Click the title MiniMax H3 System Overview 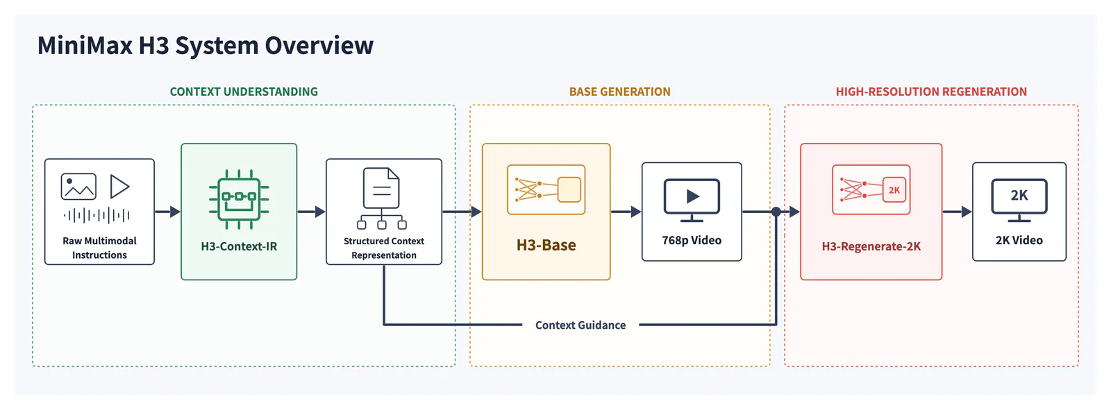(x=206, y=46)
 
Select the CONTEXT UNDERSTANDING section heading (x=244, y=92)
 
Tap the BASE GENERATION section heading (x=619, y=92)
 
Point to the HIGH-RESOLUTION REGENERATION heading (x=931, y=92)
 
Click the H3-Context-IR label (x=239, y=246)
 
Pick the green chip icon (x=239, y=199)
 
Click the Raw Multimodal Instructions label (x=100, y=248)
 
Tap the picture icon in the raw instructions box (x=78, y=187)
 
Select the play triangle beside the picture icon (x=119, y=187)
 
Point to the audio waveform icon (x=97, y=216)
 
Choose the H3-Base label (x=546, y=245)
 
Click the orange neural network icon (x=546, y=189)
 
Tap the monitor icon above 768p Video (x=692, y=200)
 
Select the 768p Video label (x=692, y=241)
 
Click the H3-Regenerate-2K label (x=871, y=246)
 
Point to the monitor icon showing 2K (x=1019, y=200)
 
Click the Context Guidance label (x=580, y=325)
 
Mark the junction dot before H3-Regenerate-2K (x=776, y=212)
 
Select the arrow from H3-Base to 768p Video (x=626, y=212)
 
